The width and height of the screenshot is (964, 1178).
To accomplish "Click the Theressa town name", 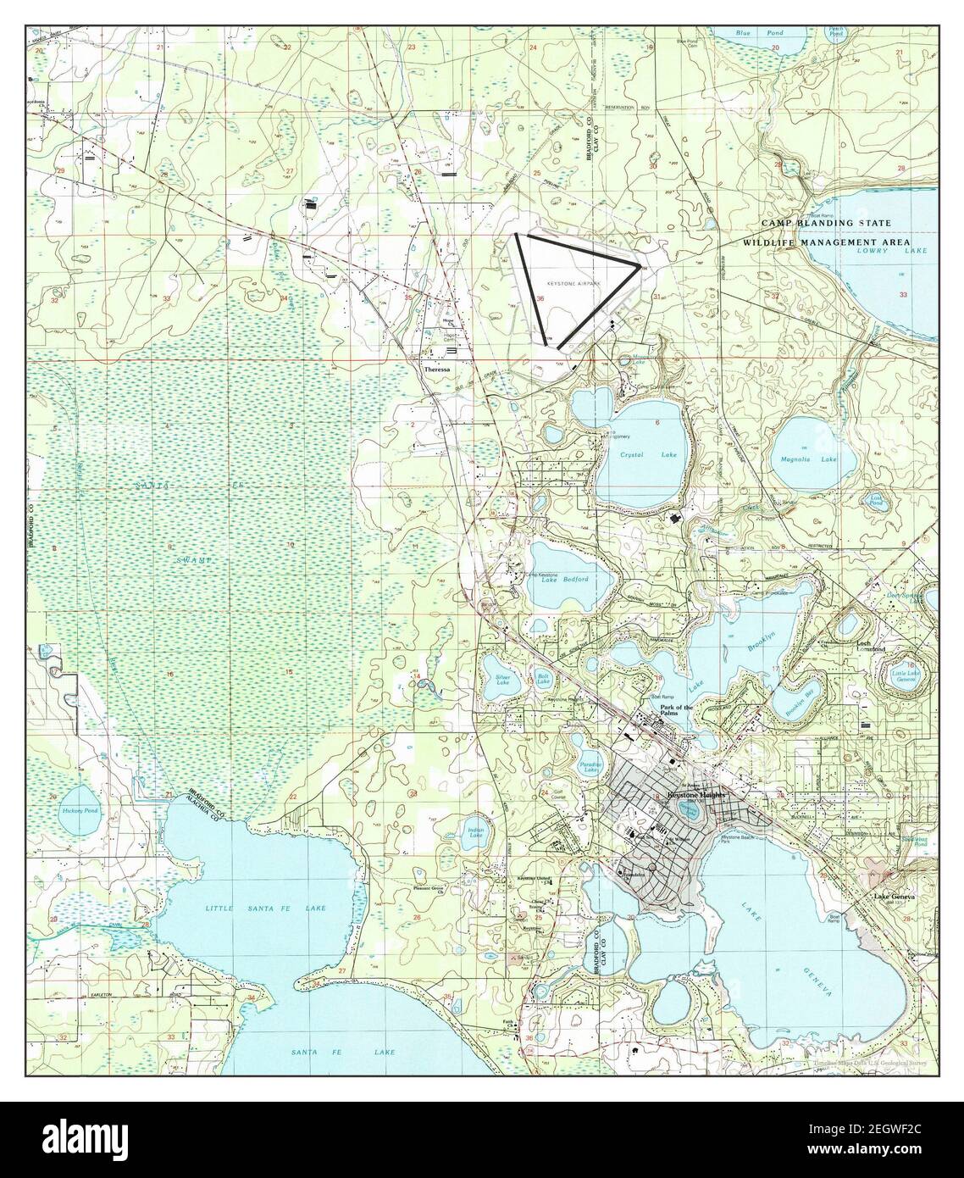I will (x=437, y=370).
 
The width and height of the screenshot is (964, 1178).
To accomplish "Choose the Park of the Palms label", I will (x=676, y=710).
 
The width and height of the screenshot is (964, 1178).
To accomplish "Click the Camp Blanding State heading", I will (x=826, y=223).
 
